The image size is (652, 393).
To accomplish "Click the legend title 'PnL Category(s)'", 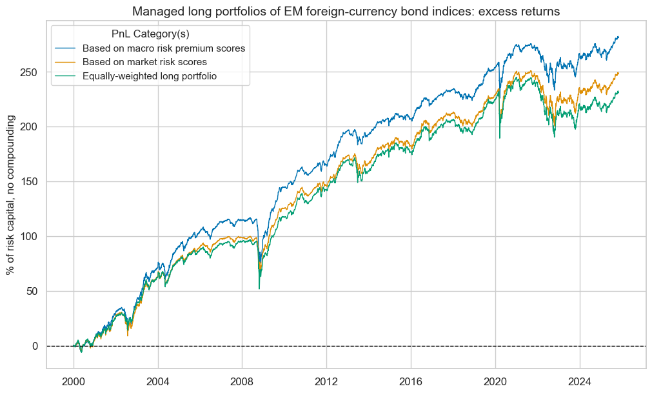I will pos(150,34).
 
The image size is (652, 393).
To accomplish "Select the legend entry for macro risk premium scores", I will pos(163,49).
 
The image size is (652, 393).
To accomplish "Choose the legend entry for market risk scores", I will pos(153,63).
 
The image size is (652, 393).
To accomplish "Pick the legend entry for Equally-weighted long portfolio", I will pos(159,76).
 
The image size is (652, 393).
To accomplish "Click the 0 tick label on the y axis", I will pos(35,347).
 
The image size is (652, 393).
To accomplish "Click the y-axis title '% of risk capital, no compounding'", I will pos(10,196).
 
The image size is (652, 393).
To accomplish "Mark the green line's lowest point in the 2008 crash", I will pos(259,288).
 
